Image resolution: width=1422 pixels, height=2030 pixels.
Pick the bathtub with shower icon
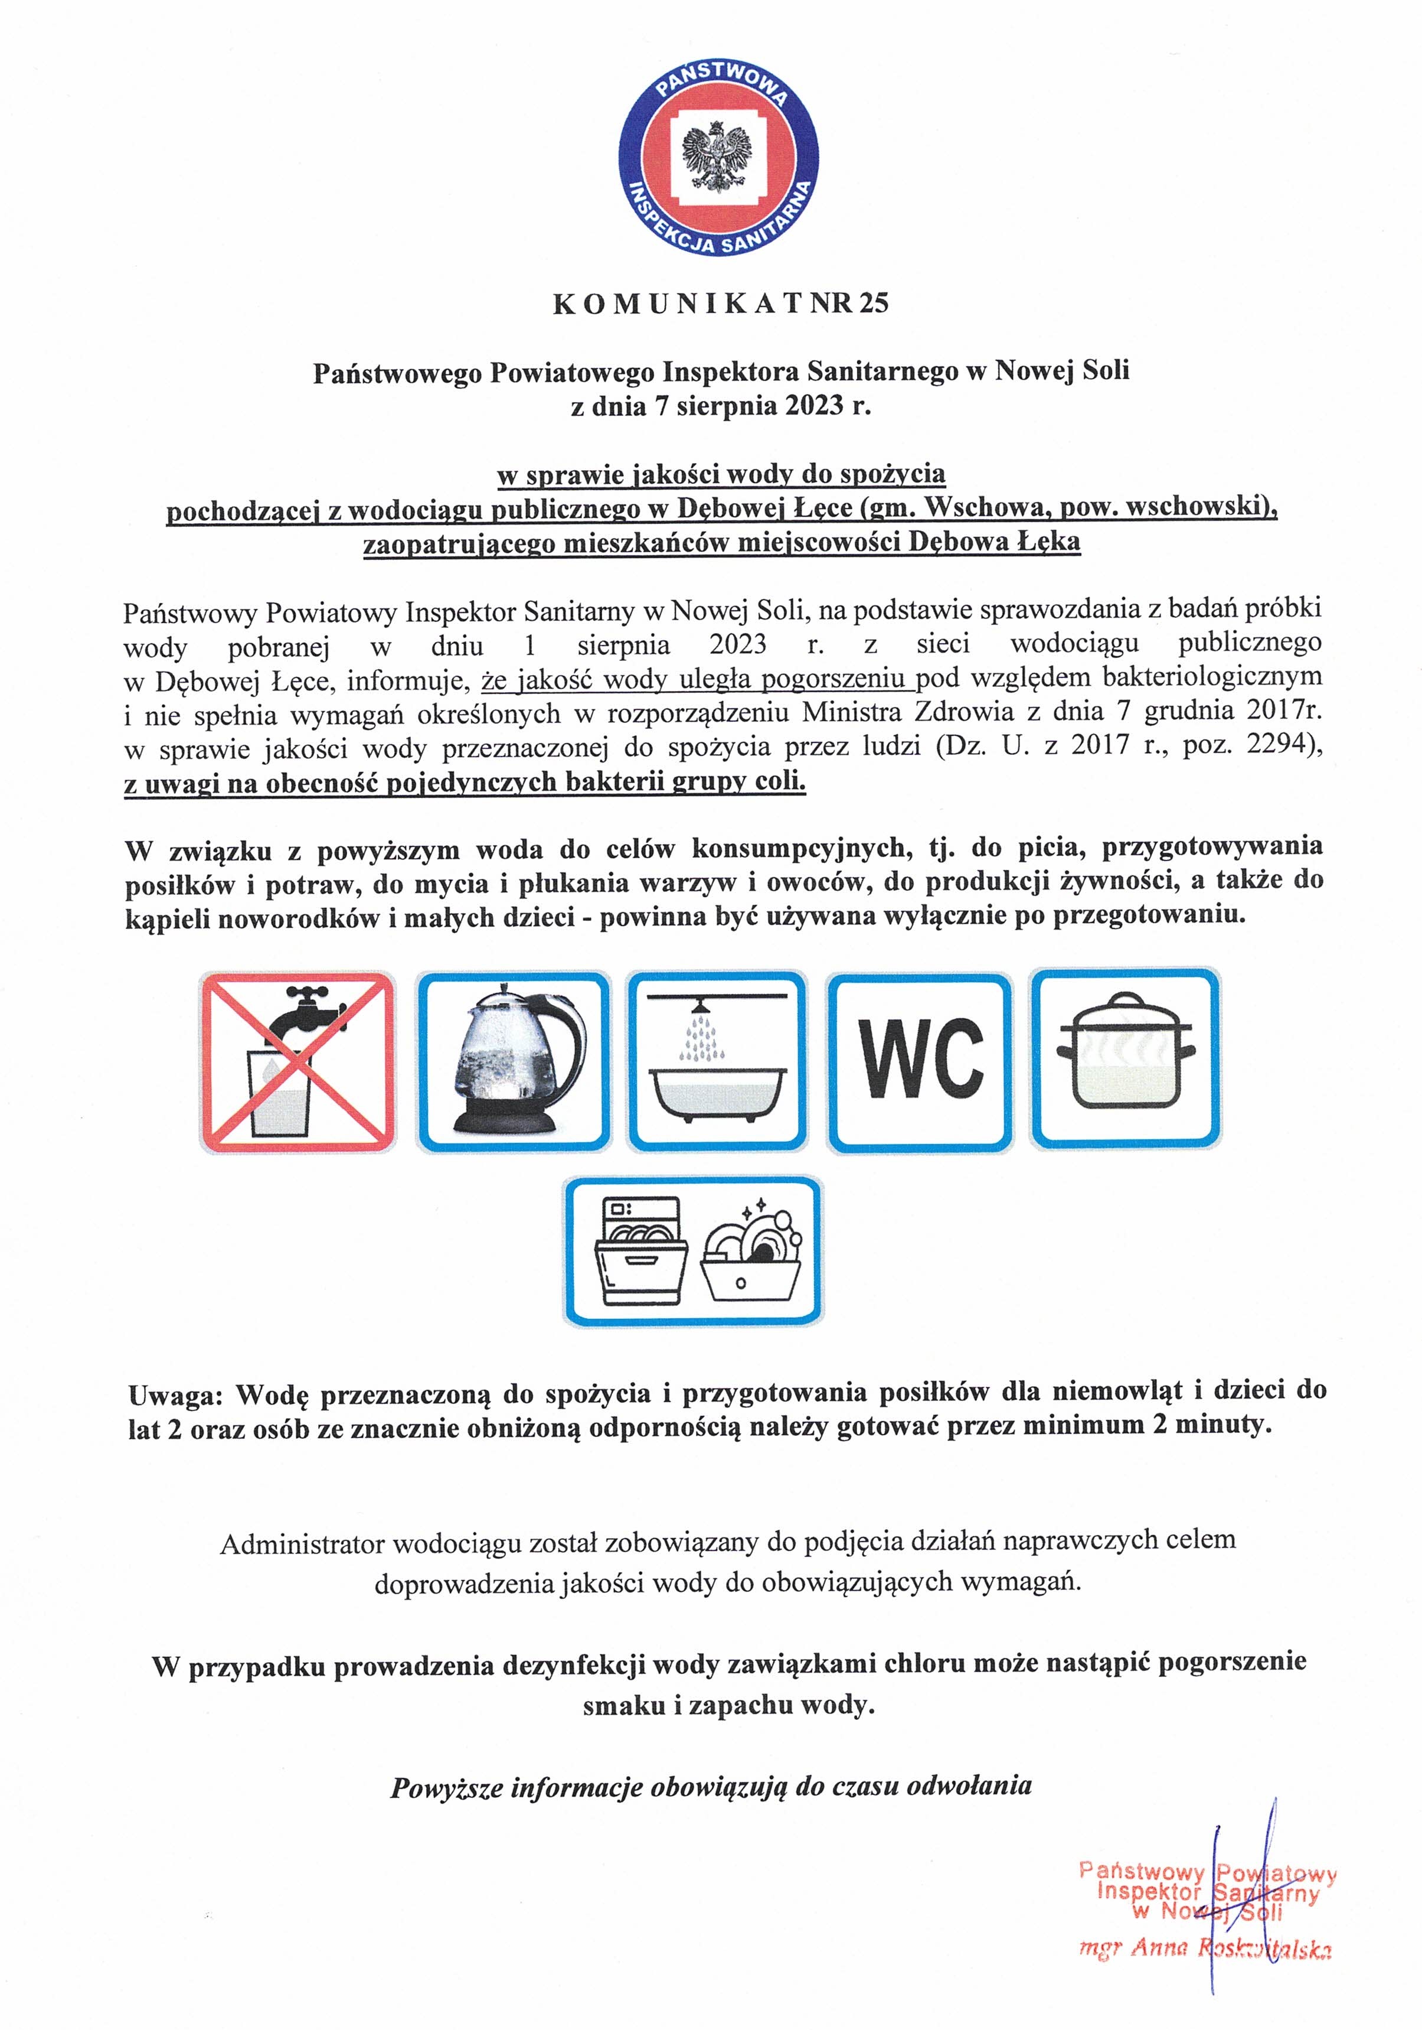(x=717, y=1061)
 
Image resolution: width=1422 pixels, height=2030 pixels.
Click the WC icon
(x=919, y=1061)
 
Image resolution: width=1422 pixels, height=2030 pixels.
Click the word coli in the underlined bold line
(x=782, y=781)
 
